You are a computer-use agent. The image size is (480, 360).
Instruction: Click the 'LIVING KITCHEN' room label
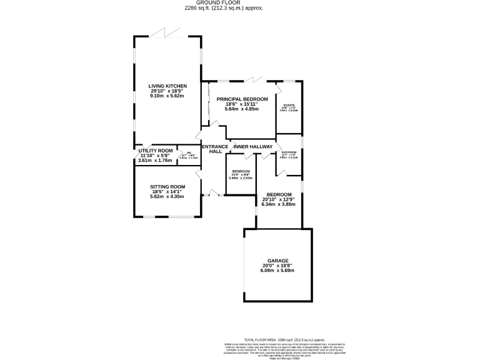pyautogui.click(x=167, y=86)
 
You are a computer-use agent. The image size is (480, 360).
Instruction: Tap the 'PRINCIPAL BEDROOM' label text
pyautogui.click(x=242, y=99)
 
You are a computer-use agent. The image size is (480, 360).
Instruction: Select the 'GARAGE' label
pyautogui.click(x=278, y=260)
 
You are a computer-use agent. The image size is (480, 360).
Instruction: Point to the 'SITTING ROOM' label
pyautogui.click(x=167, y=186)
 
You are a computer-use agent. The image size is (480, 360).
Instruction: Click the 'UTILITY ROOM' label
pyautogui.click(x=155, y=151)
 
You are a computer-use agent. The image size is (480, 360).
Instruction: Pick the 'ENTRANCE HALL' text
pyautogui.click(x=215, y=149)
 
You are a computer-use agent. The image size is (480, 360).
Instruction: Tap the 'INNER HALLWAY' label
pyautogui.click(x=252, y=146)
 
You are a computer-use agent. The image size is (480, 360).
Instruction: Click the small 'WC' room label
pyautogui.click(x=188, y=153)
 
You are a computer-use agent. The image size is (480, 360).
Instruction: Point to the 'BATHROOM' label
pyautogui.click(x=289, y=152)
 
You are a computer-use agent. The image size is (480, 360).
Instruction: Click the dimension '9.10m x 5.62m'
pyautogui.click(x=167, y=96)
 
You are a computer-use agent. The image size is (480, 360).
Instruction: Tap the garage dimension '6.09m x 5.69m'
pyautogui.click(x=278, y=270)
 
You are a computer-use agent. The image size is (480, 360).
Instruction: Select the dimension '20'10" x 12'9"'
pyautogui.click(x=278, y=199)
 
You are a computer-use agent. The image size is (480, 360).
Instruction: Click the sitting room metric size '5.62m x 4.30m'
pyautogui.click(x=167, y=196)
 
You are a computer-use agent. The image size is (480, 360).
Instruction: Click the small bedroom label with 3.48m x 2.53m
pyautogui.click(x=241, y=172)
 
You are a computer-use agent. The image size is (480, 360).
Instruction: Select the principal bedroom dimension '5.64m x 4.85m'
pyautogui.click(x=242, y=109)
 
